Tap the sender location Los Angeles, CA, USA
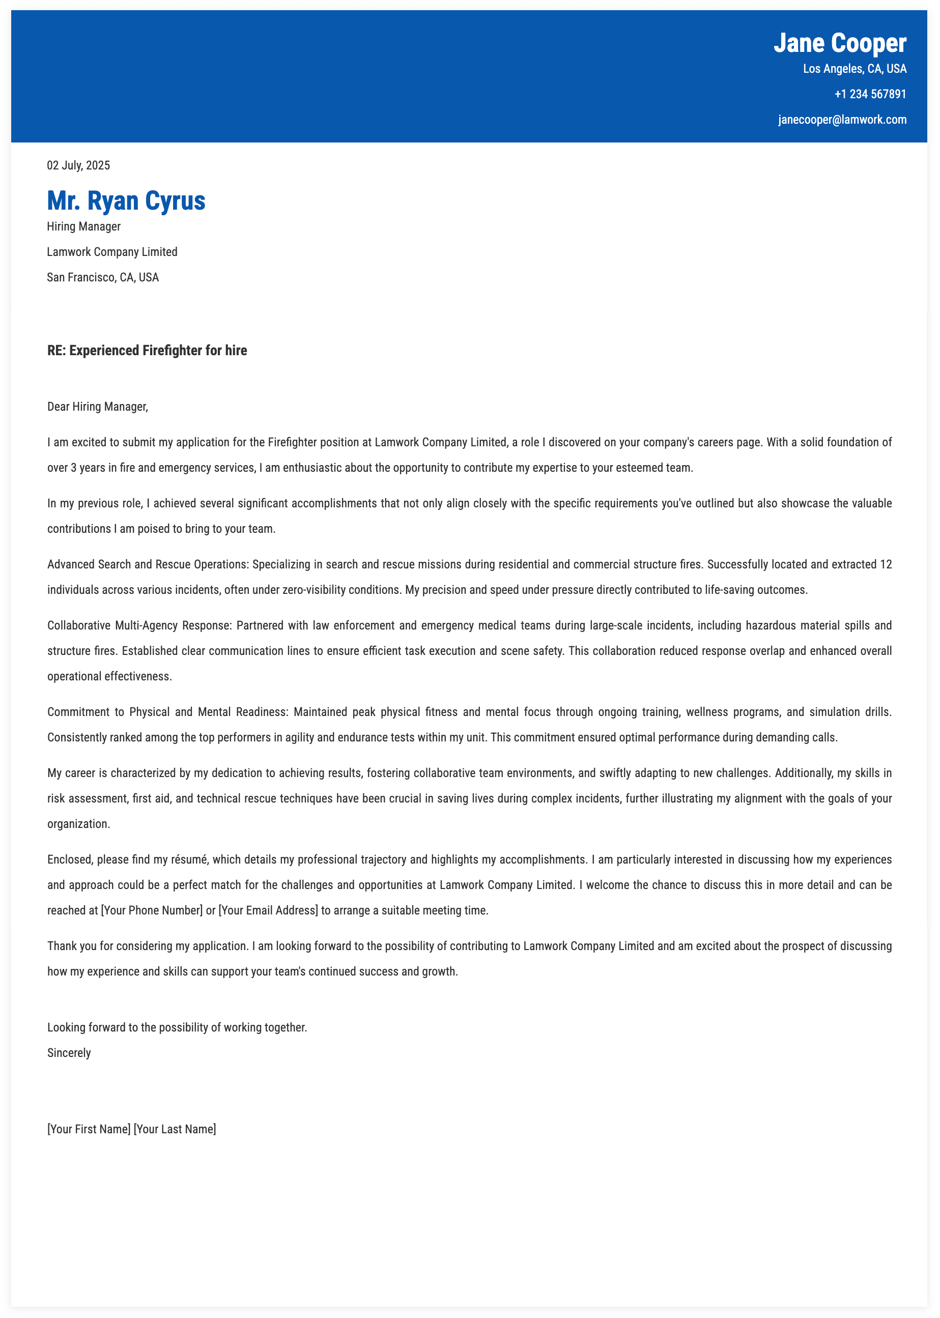click(854, 69)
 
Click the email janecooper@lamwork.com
click(842, 120)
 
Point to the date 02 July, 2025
click(78, 165)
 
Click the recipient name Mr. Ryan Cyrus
click(126, 201)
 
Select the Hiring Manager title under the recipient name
click(84, 226)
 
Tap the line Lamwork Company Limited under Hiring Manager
click(112, 252)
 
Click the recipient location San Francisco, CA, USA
click(103, 277)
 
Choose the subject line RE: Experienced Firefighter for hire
click(147, 350)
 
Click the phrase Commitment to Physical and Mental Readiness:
click(168, 712)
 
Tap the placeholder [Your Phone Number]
click(152, 910)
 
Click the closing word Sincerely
click(69, 1053)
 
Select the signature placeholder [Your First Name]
click(89, 1129)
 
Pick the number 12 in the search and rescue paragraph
click(886, 564)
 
